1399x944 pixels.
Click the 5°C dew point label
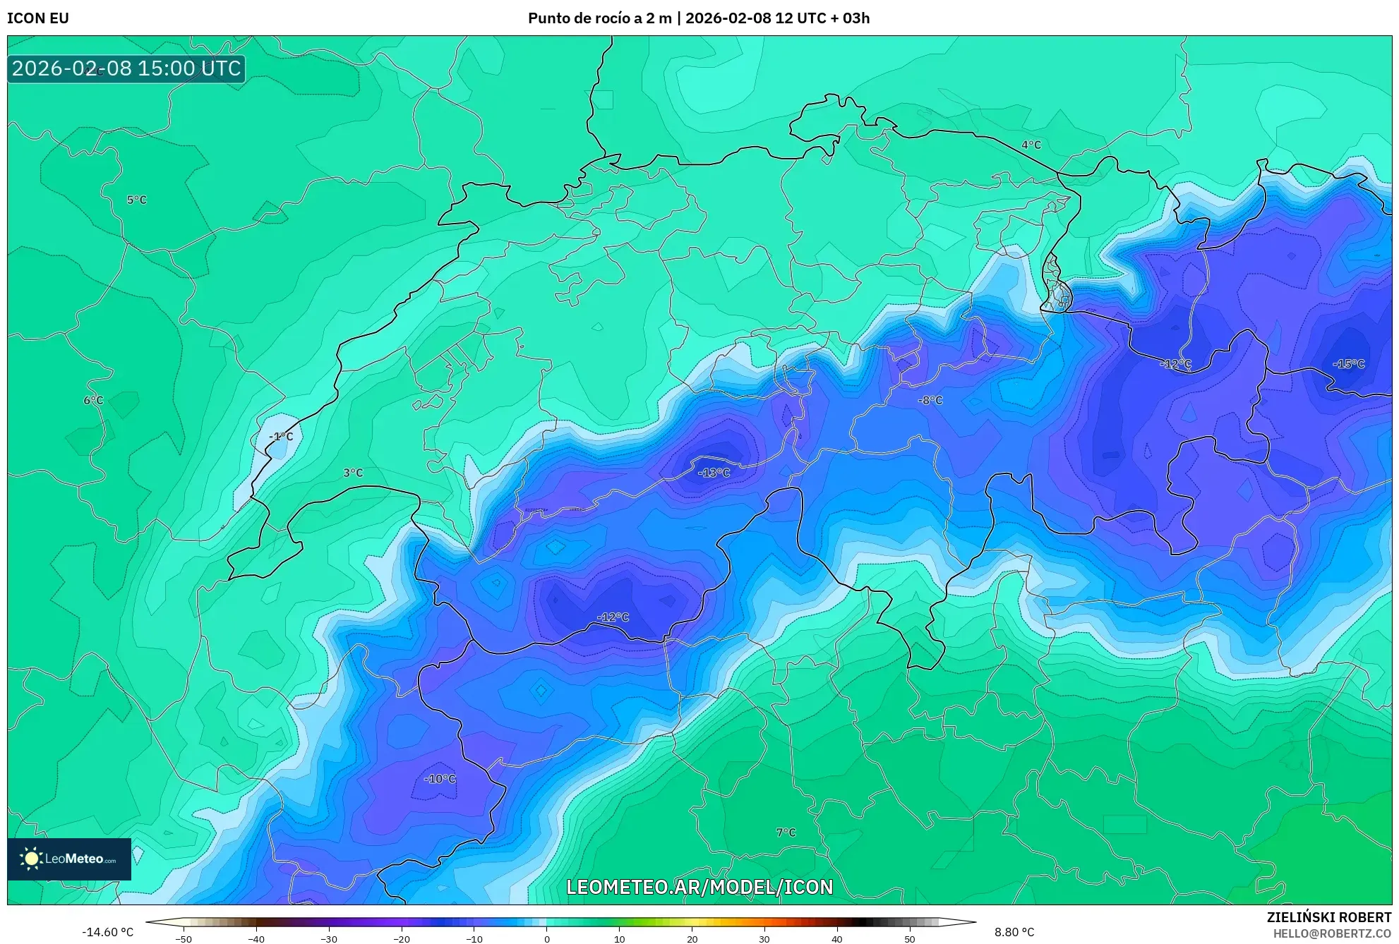pyautogui.click(x=137, y=200)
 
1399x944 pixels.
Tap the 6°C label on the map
pyautogui.click(x=93, y=400)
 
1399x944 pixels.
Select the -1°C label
pyautogui.click(x=281, y=437)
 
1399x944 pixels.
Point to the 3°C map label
pyautogui.click(x=353, y=473)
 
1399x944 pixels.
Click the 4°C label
pyautogui.click(x=1031, y=145)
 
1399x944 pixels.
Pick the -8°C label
pyautogui.click(x=930, y=400)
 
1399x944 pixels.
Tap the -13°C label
pyautogui.click(x=714, y=473)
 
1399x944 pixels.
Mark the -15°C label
pyautogui.click(x=1348, y=364)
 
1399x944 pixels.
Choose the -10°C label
pyautogui.click(x=440, y=779)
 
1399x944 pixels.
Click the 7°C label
pyautogui.click(x=786, y=833)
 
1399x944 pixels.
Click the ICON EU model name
pyautogui.click(x=38, y=18)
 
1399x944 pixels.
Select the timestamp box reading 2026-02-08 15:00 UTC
pyautogui.click(x=126, y=68)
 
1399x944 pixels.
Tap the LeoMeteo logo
pyautogui.click(x=69, y=859)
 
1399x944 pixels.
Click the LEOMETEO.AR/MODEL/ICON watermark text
pyautogui.click(x=699, y=887)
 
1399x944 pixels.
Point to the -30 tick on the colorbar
pyautogui.click(x=329, y=938)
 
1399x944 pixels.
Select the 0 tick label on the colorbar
pyautogui.click(x=546, y=938)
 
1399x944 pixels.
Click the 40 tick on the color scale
pyautogui.click(x=836, y=938)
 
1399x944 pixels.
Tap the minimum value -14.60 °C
pyautogui.click(x=107, y=932)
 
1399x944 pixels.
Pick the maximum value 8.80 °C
pyautogui.click(x=1014, y=932)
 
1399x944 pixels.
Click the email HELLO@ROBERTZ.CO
pyautogui.click(x=1332, y=933)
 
